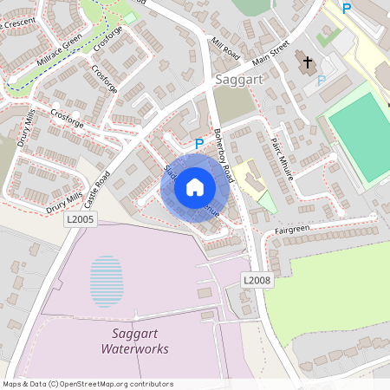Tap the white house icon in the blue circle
(x=195, y=186)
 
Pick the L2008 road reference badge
(x=257, y=280)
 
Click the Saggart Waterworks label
(x=134, y=341)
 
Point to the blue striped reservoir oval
(x=106, y=281)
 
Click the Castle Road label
(x=98, y=190)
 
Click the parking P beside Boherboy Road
(x=198, y=144)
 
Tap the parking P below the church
(x=321, y=80)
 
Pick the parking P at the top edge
(x=347, y=9)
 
